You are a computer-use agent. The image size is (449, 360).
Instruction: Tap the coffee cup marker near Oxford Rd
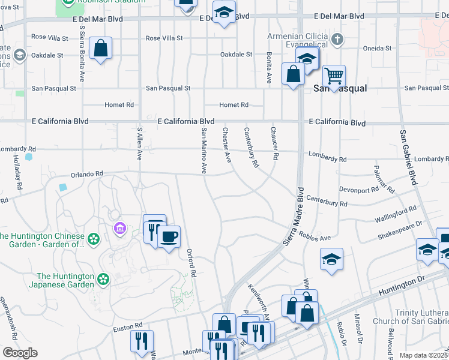(x=169, y=237)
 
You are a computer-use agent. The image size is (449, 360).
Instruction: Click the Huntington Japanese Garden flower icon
(x=104, y=279)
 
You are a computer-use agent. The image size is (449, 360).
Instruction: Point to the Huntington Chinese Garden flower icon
(x=93, y=239)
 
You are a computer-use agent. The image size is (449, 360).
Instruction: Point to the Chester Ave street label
(x=227, y=145)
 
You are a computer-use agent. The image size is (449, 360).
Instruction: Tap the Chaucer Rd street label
(x=274, y=143)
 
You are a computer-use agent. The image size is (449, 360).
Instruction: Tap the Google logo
(x=20, y=353)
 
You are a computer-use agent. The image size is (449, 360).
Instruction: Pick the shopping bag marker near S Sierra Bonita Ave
(x=101, y=49)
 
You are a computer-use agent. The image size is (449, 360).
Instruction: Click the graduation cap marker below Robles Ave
(x=331, y=259)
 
